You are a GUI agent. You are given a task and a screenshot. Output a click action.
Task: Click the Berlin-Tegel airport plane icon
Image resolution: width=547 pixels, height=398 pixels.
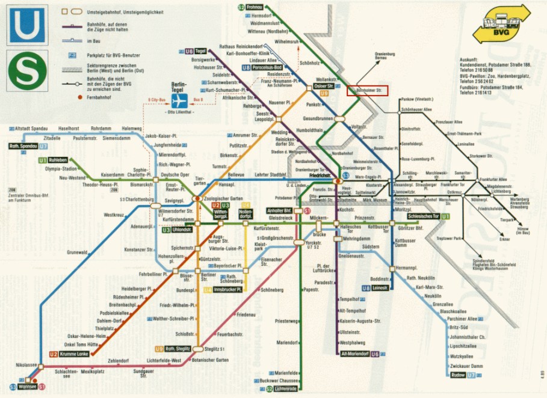(179, 100)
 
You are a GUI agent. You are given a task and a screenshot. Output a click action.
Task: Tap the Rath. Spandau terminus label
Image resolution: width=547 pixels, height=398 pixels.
(24, 146)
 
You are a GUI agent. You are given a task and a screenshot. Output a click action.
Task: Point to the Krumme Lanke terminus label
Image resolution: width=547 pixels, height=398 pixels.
(74, 354)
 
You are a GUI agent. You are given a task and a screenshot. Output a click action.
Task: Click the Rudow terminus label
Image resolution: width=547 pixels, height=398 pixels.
(457, 375)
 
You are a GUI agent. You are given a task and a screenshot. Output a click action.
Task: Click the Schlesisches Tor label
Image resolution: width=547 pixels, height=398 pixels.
(424, 216)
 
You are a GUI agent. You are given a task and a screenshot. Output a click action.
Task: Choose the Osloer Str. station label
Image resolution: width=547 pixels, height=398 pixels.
(324, 87)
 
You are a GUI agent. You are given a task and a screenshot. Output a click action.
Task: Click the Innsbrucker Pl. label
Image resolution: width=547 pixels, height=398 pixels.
(228, 290)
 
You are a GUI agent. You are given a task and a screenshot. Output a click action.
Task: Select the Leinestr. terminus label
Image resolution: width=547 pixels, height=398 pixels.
(380, 289)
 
